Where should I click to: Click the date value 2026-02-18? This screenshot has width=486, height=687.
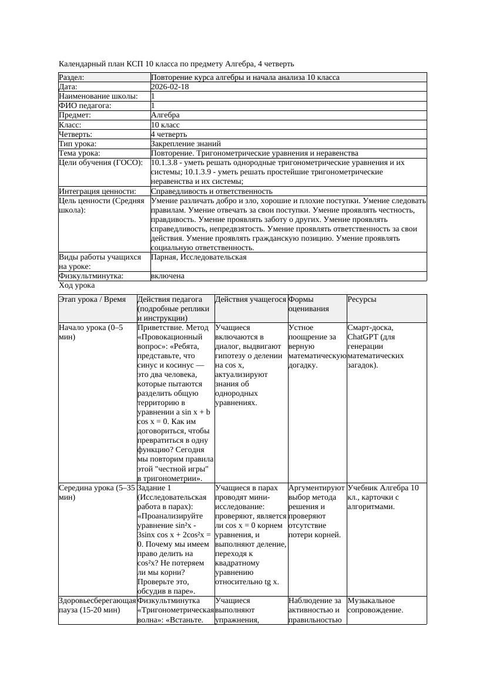point(170,87)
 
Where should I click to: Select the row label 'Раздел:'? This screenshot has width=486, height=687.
point(72,78)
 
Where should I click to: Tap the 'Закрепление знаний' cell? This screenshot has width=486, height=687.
point(186,143)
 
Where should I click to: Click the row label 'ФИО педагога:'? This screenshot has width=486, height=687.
point(85,106)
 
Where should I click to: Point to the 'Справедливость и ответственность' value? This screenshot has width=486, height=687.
point(212,191)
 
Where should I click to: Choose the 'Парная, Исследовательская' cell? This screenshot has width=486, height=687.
point(199,257)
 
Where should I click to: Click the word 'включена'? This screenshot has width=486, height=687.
point(167,276)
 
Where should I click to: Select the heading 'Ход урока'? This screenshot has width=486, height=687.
point(77,285)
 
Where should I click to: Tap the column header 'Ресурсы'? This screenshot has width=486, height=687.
point(362,299)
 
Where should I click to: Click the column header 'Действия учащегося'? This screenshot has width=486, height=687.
point(250,299)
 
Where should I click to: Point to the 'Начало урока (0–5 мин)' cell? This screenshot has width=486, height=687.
point(91,332)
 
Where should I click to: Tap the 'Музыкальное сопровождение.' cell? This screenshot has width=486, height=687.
point(375,605)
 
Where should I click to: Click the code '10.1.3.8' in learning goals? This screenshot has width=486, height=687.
point(167,162)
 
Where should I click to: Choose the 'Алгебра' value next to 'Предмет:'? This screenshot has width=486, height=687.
point(165,115)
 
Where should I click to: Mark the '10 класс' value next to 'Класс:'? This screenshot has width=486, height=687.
point(165,124)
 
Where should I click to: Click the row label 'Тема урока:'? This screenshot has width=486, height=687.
point(79,153)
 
